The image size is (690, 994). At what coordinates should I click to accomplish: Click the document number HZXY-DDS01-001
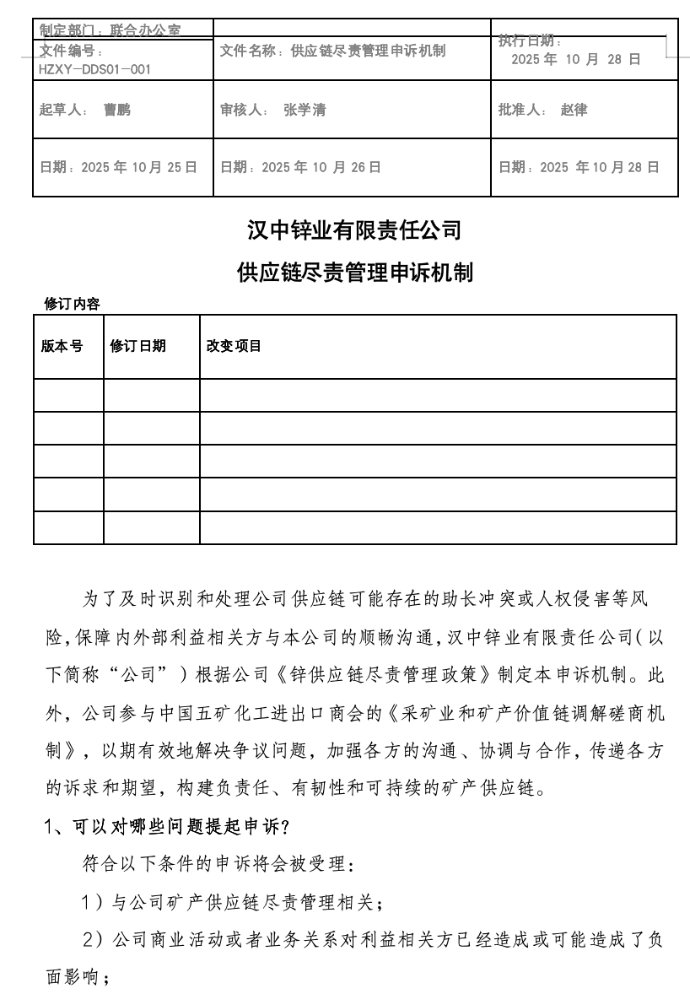[x=94, y=69]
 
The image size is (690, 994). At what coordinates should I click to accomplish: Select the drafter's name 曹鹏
[x=117, y=110]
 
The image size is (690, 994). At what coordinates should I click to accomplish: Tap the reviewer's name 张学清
[x=305, y=110]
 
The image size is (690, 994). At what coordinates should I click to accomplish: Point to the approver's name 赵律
[x=574, y=110]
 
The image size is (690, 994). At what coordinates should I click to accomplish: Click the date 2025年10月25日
[x=139, y=167]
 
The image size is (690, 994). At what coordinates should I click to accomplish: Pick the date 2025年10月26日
[x=321, y=167]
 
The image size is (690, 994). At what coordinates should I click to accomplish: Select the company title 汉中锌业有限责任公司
[x=354, y=230]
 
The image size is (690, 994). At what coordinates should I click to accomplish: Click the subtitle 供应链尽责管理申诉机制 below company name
[x=354, y=273]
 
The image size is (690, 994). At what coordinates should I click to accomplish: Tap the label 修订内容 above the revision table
[x=72, y=304]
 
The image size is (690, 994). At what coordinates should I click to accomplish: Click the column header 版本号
[x=62, y=346]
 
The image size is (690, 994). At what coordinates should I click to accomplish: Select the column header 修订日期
[x=137, y=346]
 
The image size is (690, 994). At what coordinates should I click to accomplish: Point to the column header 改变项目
[x=234, y=346]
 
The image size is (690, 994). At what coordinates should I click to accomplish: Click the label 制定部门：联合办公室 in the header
[x=110, y=30]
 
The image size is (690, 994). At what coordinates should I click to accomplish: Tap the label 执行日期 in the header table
[x=529, y=41]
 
